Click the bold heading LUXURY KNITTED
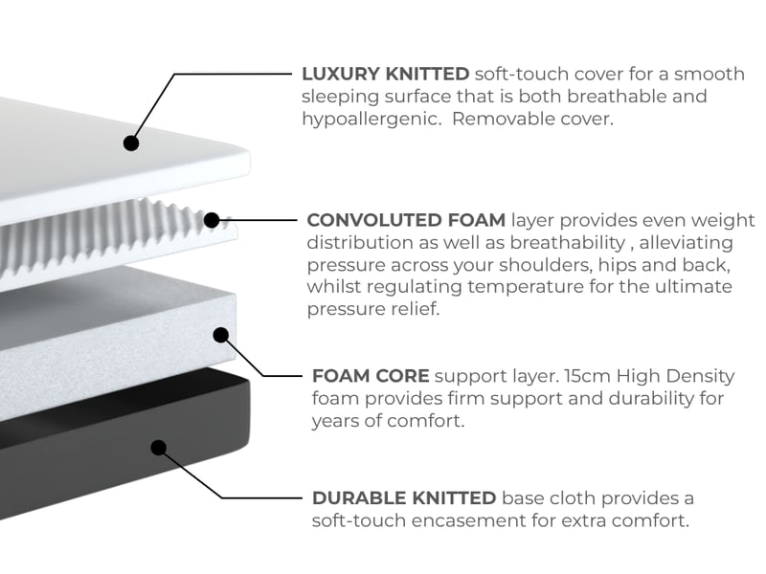pos(386,75)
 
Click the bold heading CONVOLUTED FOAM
pos(406,220)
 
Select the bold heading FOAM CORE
pos(371,376)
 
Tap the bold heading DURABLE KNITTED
pos(404,498)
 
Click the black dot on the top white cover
pos(131,143)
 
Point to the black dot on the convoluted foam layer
pos(212,220)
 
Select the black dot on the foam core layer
pos(221,335)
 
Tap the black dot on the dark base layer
pos(158,448)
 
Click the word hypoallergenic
pos(372,120)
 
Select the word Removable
pos(498,119)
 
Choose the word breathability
pos(567,243)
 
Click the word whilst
pos(333,286)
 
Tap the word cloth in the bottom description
pos(572,498)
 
